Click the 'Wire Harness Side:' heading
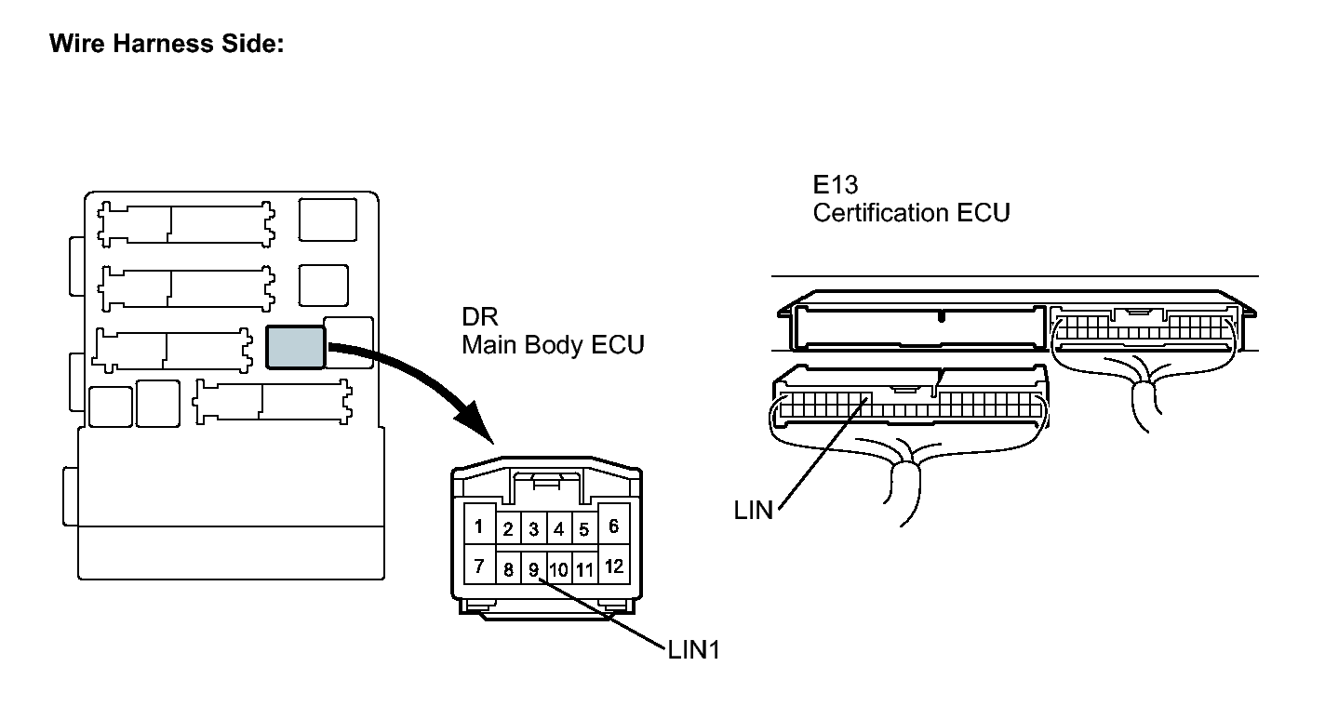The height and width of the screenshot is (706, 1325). pyautogui.click(x=167, y=44)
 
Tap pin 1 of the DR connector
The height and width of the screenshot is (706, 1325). pyautogui.click(x=479, y=525)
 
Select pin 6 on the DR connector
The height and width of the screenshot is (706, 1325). pyautogui.click(x=613, y=525)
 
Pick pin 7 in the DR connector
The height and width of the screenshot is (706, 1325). pyautogui.click(x=479, y=566)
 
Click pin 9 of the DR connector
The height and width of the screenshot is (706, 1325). pyautogui.click(x=533, y=569)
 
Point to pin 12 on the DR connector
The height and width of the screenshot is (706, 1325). pyautogui.click(x=613, y=566)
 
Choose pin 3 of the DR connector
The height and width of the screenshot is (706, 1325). pyautogui.click(x=533, y=528)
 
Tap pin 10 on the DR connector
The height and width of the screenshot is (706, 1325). pyautogui.click(x=559, y=569)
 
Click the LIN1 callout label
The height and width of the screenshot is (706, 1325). pyautogui.click(x=694, y=650)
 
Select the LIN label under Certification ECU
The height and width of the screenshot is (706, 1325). pyautogui.click(x=753, y=511)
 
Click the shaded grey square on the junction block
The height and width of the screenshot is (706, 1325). pyautogui.click(x=295, y=348)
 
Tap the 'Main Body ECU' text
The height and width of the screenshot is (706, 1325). pyautogui.click(x=553, y=345)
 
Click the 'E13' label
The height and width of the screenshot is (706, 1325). pyautogui.click(x=836, y=185)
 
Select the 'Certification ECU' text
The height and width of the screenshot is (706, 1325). pyautogui.click(x=912, y=213)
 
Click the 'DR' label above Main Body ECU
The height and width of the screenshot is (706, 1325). pyautogui.click(x=480, y=317)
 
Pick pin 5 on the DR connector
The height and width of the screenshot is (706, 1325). pyautogui.click(x=583, y=528)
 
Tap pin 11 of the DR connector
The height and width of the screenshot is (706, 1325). pyautogui.click(x=584, y=569)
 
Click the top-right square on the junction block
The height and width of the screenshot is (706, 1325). pyautogui.click(x=328, y=220)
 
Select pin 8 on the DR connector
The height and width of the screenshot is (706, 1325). pyautogui.click(x=508, y=569)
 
